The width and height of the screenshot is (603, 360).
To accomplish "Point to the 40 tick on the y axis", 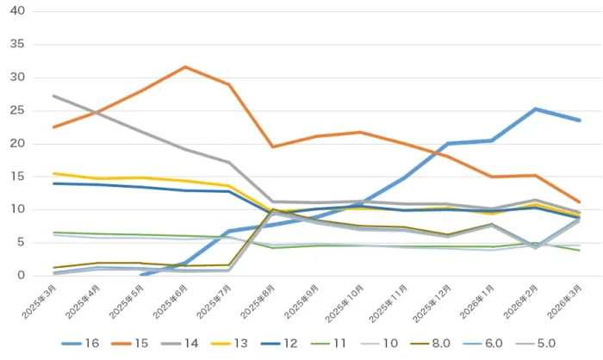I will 18,11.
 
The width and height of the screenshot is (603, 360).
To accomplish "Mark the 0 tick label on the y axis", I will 22,276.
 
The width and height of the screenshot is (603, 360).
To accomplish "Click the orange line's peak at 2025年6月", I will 185,66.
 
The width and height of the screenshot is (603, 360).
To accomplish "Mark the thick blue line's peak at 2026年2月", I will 536,109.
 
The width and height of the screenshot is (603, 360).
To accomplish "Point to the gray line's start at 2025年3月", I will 53,96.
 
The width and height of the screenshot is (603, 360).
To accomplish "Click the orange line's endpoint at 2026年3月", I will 579,202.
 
